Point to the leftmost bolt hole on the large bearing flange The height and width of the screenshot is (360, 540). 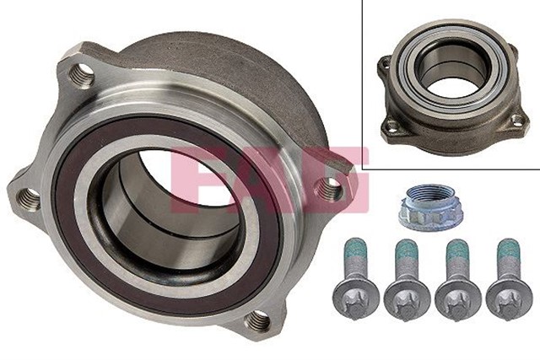point(29,199)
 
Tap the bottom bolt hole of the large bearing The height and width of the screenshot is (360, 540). point(259,320)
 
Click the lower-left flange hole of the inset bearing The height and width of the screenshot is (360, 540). point(392,126)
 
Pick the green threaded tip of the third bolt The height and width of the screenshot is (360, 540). point(458,253)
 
